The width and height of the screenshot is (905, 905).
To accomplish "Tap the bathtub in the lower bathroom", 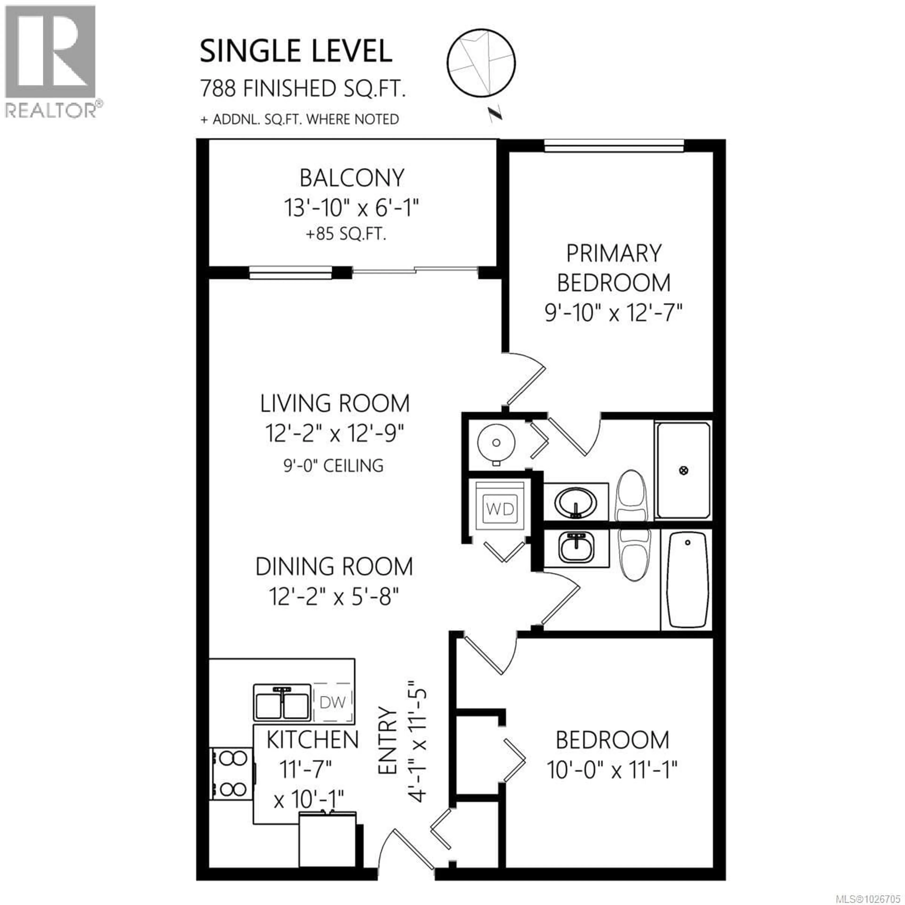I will pyautogui.click(x=687, y=579).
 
